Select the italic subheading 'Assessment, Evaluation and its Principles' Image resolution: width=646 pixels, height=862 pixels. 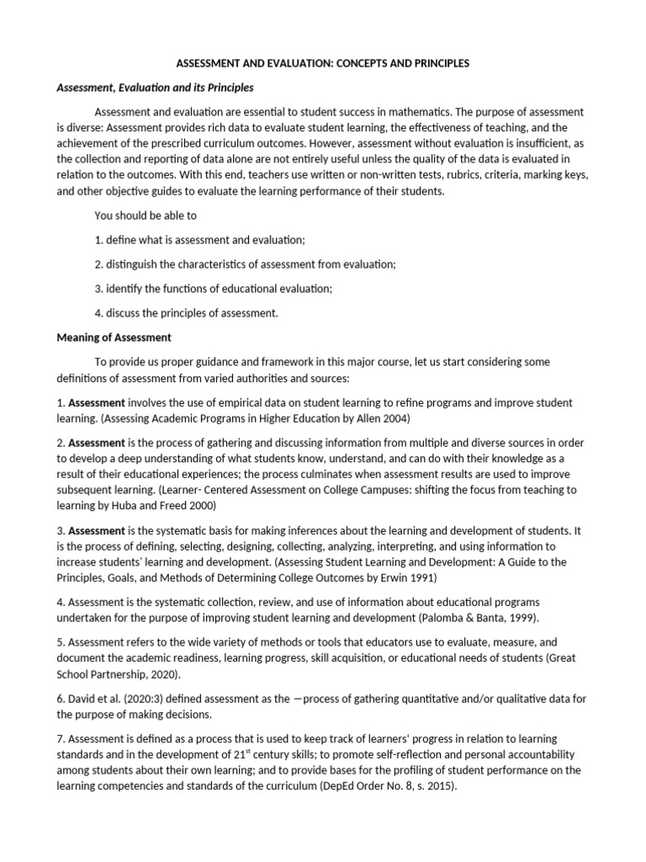coord(155,88)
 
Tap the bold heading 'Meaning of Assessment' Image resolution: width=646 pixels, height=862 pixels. coord(114,338)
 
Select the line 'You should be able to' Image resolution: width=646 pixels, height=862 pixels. coord(146,215)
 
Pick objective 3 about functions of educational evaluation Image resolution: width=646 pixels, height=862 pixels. coord(214,289)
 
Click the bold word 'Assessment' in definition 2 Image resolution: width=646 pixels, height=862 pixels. coord(97,442)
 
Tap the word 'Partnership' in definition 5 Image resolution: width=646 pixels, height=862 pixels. coord(124,674)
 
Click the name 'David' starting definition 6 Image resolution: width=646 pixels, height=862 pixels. coord(82,699)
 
